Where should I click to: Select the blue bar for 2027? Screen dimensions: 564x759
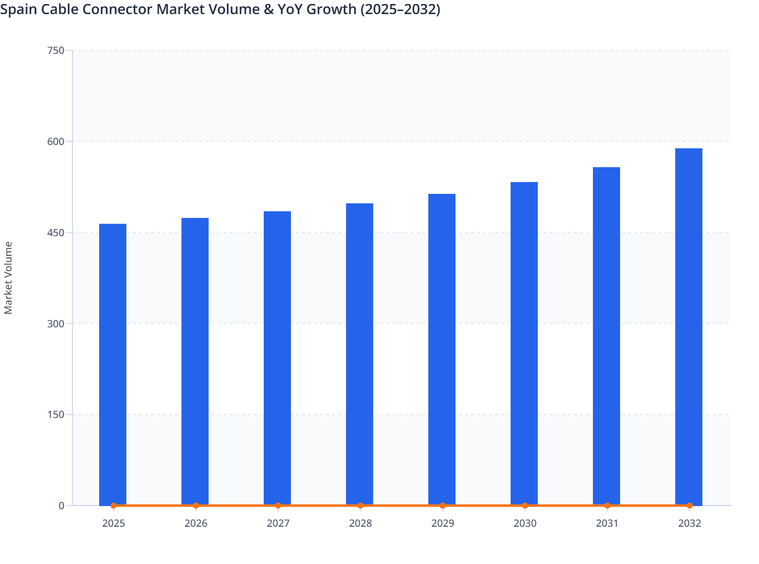pyautogui.click(x=277, y=358)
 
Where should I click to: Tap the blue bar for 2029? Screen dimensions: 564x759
pyautogui.click(x=442, y=349)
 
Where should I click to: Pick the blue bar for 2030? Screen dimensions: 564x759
pyautogui.click(x=524, y=343)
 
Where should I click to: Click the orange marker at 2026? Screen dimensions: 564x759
pyautogui.click(x=196, y=506)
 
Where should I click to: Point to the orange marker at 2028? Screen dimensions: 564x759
pyautogui.click(x=360, y=506)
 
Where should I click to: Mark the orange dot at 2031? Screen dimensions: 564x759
pyautogui.click(x=607, y=506)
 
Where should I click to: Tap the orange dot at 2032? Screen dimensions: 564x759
pyautogui.click(x=690, y=506)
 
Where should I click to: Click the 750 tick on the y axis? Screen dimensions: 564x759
pyautogui.click(x=55, y=50)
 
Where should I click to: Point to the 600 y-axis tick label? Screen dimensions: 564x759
pyautogui.click(x=55, y=142)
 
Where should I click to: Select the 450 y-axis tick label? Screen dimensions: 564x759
pyautogui.click(x=55, y=233)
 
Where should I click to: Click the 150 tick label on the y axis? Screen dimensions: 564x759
pyautogui.click(x=55, y=414)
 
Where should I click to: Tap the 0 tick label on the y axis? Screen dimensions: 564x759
pyautogui.click(x=61, y=506)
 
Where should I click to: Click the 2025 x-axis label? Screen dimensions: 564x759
pyautogui.click(x=113, y=523)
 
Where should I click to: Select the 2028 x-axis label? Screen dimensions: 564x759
pyautogui.click(x=360, y=523)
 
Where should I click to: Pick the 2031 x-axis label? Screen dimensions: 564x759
pyautogui.click(x=607, y=523)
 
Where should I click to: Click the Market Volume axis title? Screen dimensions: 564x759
pyautogui.click(x=9, y=277)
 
